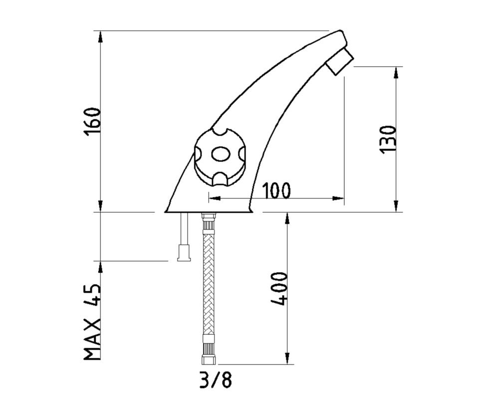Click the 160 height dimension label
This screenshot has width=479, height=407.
click(92, 122)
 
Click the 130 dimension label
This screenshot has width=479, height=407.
click(387, 139)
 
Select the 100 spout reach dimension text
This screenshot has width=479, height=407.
click(276, 191)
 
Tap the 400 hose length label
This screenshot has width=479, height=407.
click(279, 288)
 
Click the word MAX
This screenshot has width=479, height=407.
click(92, 339)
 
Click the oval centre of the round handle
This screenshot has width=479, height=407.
click(221, 155)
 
